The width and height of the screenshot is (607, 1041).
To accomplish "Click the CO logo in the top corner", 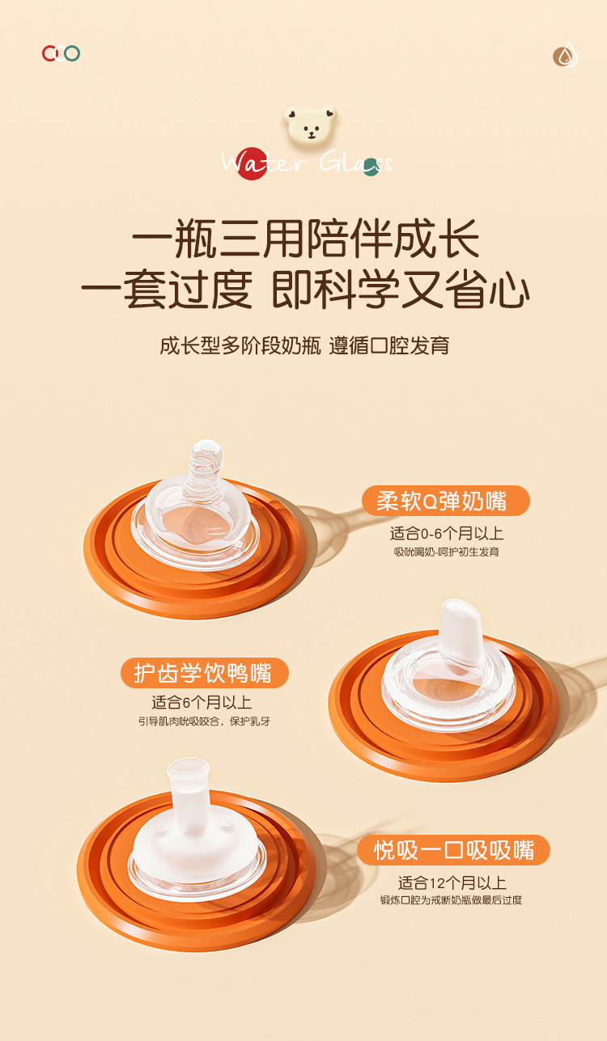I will (x=61, y=53).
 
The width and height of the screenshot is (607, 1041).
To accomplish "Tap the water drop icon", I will (x=565, y=55).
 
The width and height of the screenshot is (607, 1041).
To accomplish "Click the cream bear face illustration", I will (x=310, y=125).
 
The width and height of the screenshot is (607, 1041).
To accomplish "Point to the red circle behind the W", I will (x=253, y=163).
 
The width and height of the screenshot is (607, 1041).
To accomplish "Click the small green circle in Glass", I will (x=371, y=167).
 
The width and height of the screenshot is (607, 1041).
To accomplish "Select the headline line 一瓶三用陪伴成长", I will (x=305, y=240).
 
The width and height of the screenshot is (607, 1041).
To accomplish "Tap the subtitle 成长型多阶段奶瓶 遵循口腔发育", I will (x=304, y=345).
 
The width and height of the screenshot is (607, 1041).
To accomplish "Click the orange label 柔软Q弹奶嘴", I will (x=445, y=501).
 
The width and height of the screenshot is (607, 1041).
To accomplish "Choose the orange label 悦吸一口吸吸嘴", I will (x=453, y=850).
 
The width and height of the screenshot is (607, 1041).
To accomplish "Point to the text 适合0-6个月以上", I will (x=447, y=534).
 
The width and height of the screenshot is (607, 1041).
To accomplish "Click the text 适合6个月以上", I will (x=202, y=703).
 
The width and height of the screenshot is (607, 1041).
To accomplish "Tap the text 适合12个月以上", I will (x=452, y=882).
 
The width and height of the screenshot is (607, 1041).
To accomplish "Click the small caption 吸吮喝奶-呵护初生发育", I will (x=447, y=552).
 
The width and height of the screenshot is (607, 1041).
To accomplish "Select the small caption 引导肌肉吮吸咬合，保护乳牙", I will (x=204, y=721).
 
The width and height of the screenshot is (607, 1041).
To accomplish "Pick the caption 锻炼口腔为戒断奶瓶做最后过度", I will (x=452, y=899).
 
